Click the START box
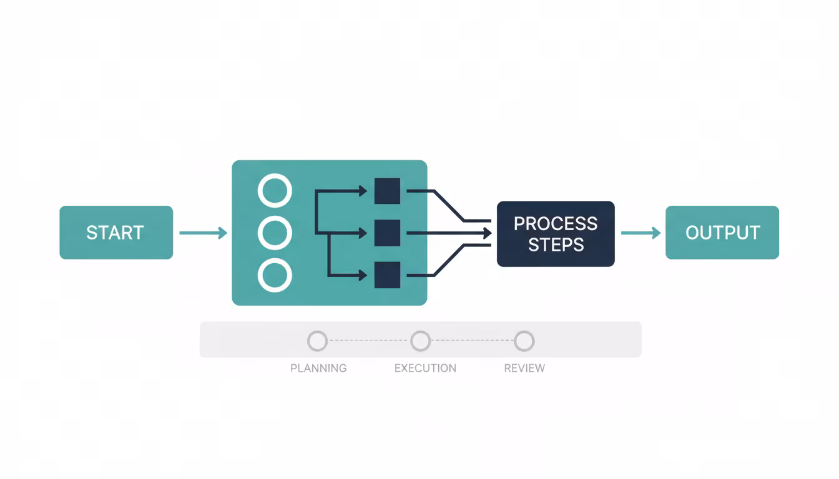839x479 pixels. click(116, 233)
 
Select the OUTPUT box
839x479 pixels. click(722, 233)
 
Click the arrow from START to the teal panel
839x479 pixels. click(203, 233)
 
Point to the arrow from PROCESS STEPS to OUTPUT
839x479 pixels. click(640, 233)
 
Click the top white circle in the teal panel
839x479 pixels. click(275, 191)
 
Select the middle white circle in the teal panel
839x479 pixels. click(275, 233)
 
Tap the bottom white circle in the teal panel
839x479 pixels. click(275, 276)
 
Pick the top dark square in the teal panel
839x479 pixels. click(387, 191)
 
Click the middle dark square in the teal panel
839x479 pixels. click(387, 233)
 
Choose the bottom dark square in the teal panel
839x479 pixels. click(387, 275)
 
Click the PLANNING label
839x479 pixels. click(318, 368)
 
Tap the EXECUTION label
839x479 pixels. click(425, 368)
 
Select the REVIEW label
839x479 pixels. click(524, 368)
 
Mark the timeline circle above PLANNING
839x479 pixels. click(317, 341)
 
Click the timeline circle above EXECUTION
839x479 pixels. click(421, 341)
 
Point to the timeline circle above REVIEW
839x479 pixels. click(524, 341)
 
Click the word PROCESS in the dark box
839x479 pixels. click(556, 223)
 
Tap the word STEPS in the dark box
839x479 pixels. click(556, 244)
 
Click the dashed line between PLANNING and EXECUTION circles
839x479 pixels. click(369, 341)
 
